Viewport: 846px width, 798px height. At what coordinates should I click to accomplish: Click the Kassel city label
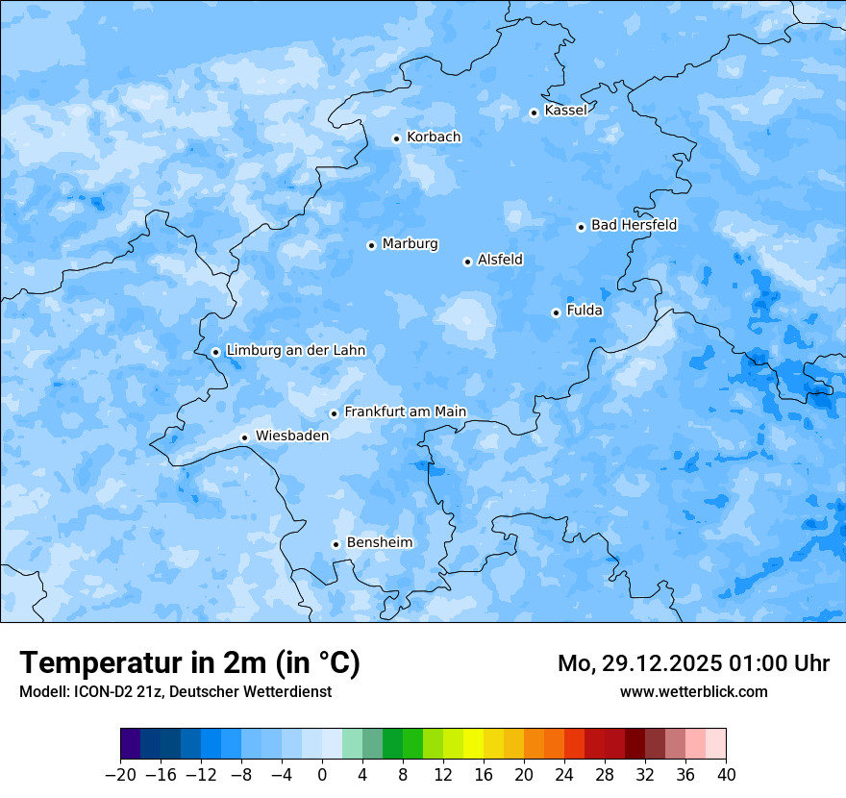(565, 111)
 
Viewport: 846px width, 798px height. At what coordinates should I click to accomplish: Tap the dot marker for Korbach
(396, 138)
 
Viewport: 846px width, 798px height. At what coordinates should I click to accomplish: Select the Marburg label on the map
(410, 244)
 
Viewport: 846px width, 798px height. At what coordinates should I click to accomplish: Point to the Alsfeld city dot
(467, 262)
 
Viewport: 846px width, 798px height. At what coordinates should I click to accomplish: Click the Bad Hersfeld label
(634, 225)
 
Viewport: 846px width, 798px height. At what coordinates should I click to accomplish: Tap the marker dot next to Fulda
(556, 312)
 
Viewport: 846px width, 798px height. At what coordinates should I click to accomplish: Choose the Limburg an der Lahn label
(296, 351)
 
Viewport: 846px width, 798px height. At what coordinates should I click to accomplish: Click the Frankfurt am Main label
(405, 412)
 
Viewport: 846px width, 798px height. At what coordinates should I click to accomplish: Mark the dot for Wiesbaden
(245, 437)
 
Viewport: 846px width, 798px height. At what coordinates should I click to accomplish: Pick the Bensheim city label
(380, 543)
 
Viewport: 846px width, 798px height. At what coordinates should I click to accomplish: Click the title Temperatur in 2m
(189, 663)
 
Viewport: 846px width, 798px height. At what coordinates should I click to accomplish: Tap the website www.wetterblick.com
(694, 691)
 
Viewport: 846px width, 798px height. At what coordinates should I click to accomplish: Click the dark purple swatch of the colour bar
(131, 744)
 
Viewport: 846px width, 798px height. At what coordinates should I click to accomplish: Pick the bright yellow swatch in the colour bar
(474, 744)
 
